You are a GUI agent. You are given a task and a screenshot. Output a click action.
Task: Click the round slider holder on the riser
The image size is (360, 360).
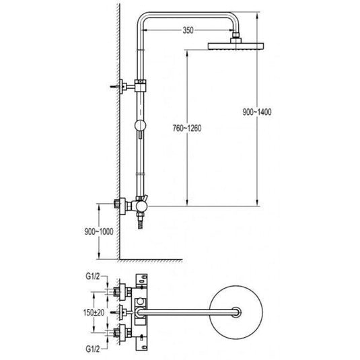(x=140, y=125)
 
